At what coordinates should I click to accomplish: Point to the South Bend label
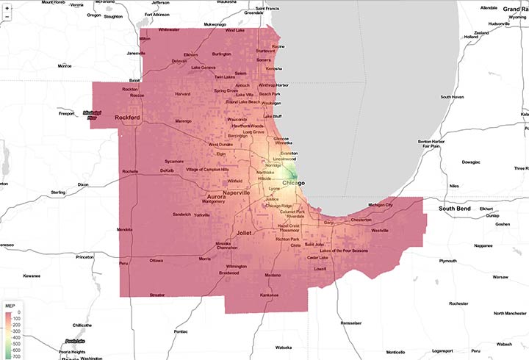[455, 209]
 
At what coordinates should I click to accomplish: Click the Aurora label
[217, 198]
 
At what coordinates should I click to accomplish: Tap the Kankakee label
[270, 295]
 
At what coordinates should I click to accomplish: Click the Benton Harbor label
[432, 140]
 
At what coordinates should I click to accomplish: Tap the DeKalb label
[168, 170]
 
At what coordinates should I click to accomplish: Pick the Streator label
[157, 295]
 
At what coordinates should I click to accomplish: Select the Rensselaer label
[351, 323]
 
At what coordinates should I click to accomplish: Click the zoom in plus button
[7, 7]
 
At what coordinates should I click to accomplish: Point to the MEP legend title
[10, 303]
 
